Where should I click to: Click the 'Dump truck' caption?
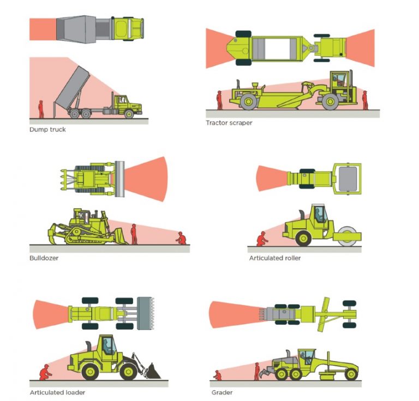tap(47, 130)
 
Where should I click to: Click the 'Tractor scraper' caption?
tap(229, 123)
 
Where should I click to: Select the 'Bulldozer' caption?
tap(44, 258)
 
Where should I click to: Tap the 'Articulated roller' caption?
tap(274, 258)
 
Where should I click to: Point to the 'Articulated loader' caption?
tap(57, 392)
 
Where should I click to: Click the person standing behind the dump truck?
tap(40, 108)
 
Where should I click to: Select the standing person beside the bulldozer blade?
tap(134, 234)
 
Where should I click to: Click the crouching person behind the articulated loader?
tap(43, 373)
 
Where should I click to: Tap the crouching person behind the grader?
tap(218, 375)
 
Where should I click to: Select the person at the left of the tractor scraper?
tap(219, 100)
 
